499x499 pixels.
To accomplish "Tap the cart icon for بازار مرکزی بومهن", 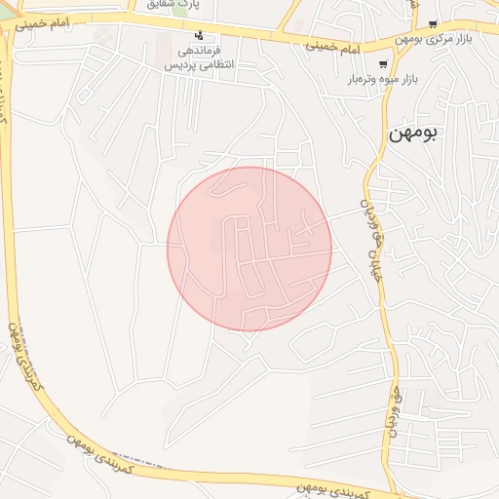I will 434,23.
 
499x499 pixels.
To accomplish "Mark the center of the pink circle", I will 249,249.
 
